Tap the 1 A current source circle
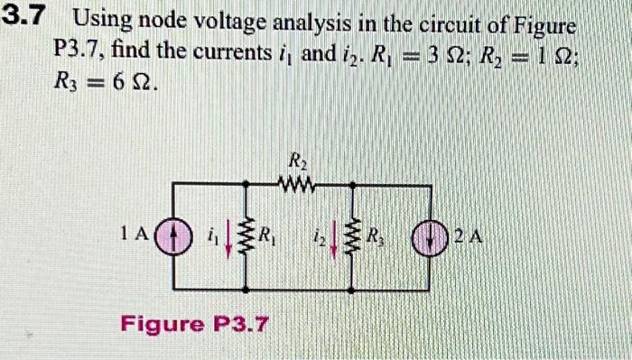(x=172, y=238)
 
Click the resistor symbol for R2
(x=297, y=185)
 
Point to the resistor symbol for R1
(x=244, y=239)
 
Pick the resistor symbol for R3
(x=356, y=239)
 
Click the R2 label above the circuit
(x=296, y=163)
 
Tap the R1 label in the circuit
(x=267, y=238)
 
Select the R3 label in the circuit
(x=380, y=239)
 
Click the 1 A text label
(x=135, y=235)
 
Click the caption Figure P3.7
(x=195, y=321)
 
